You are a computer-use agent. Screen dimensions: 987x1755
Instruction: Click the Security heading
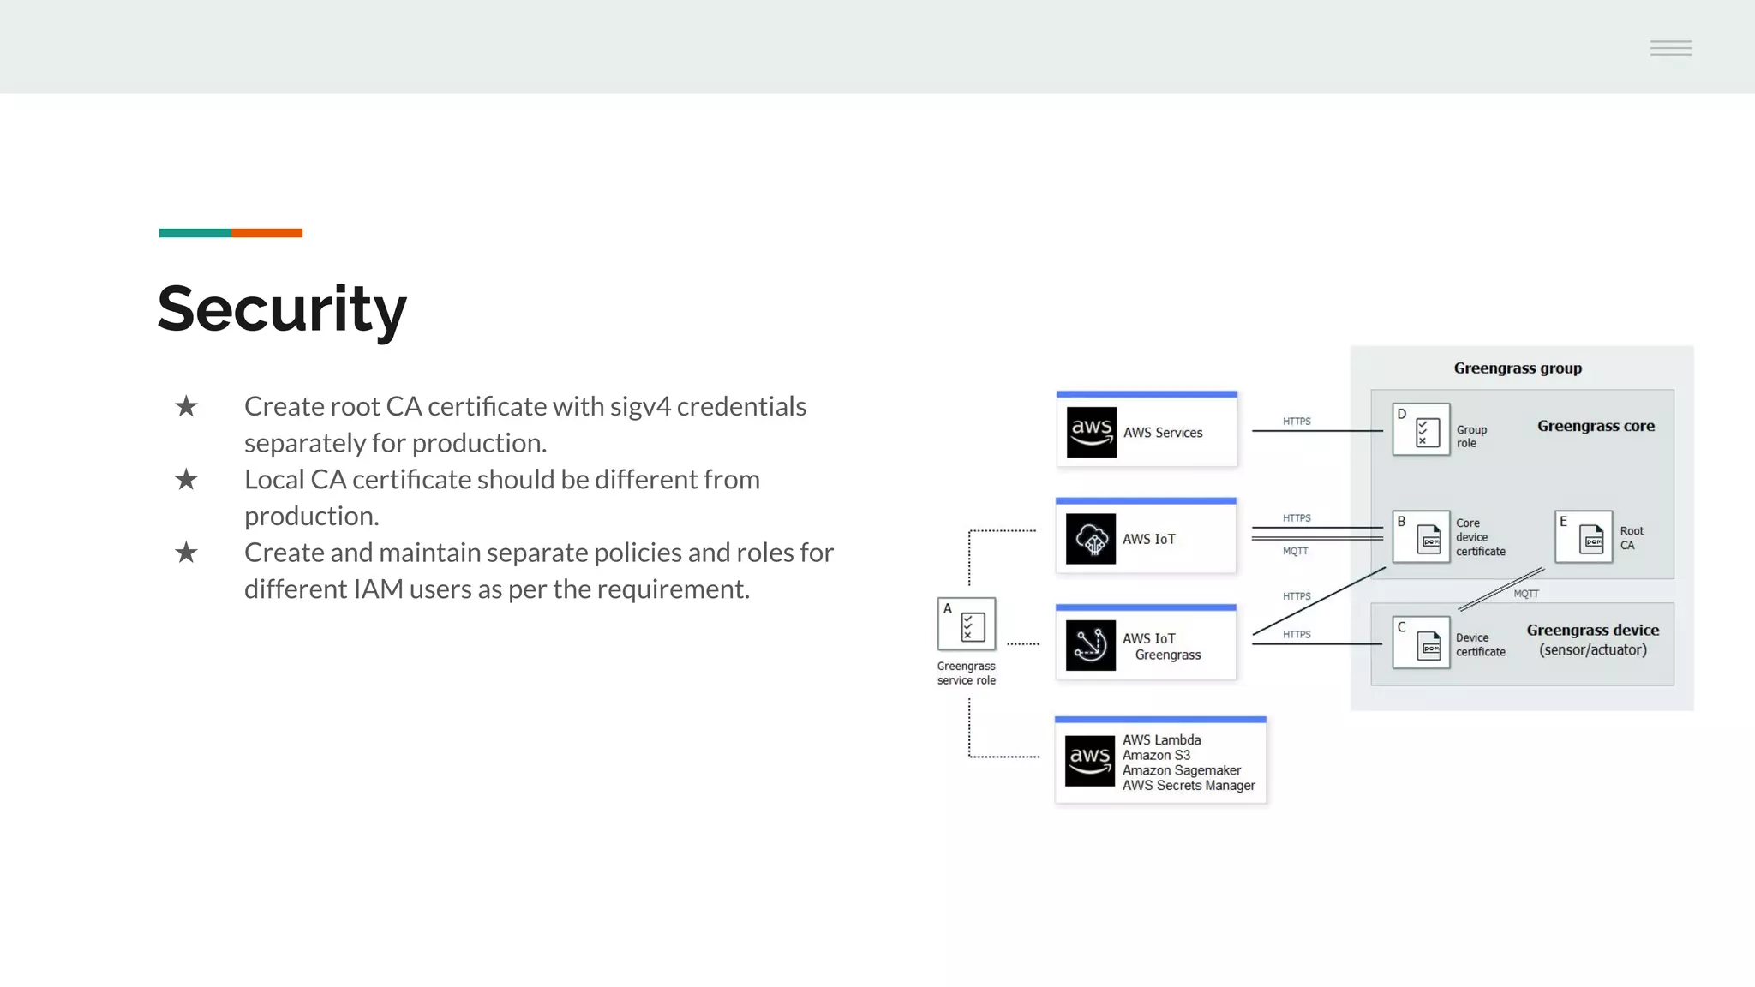point(282,309)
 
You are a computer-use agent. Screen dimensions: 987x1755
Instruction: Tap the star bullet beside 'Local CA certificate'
point(186,480)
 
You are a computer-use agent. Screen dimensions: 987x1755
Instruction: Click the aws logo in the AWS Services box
point(1091,432)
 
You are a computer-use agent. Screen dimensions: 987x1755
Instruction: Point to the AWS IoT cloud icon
point(1091,539)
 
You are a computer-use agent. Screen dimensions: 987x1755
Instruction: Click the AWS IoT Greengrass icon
point(1091,645)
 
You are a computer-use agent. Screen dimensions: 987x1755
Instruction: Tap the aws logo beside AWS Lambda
point(1090,760)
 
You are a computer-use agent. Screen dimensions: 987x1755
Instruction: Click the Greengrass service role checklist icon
point(967,625)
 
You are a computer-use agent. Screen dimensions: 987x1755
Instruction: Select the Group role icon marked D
point(1422,430)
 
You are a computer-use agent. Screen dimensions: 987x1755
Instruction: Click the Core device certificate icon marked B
point(1422,537)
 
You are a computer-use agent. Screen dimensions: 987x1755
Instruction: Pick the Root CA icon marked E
point(1584,537)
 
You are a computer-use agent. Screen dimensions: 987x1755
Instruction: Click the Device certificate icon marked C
point(1422,643)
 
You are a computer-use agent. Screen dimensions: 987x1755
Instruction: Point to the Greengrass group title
point(1518,368)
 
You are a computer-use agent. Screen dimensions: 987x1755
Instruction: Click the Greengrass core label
point(1596,426)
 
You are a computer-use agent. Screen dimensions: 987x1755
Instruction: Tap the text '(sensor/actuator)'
point(1593,650)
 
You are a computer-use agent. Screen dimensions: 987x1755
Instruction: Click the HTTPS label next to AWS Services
point(1297,422)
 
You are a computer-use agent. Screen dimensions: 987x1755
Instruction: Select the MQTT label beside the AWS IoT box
point(1296,552)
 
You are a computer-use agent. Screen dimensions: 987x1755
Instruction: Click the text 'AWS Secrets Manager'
point(1189,786)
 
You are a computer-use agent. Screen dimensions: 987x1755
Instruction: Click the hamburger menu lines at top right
point(1671,48)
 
